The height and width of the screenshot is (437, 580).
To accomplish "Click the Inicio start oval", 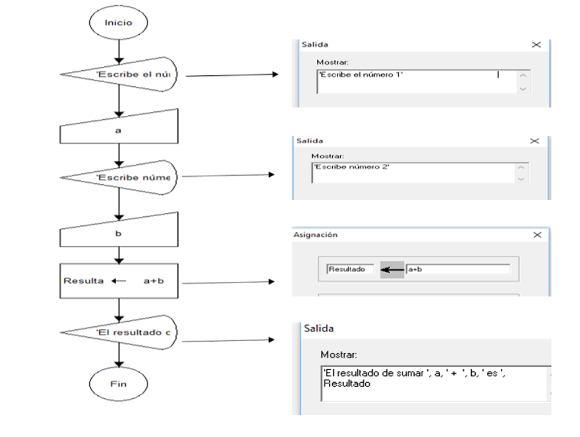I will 119,23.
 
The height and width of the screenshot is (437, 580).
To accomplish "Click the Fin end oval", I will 119,384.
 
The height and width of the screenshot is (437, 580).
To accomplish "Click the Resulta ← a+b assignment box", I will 119,281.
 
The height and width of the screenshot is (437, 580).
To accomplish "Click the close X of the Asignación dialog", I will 537,234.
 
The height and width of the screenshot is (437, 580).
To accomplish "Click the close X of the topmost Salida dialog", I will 536,44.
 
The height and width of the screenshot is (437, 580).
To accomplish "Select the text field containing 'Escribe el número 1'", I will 416,80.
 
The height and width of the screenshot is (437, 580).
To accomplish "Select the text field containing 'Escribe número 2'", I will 412,172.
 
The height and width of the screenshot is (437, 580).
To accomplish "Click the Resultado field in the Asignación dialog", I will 350,269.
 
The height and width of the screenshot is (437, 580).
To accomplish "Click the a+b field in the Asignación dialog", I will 458,269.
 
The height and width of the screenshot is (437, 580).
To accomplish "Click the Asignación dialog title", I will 315,234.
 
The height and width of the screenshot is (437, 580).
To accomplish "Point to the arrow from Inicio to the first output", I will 119,51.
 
